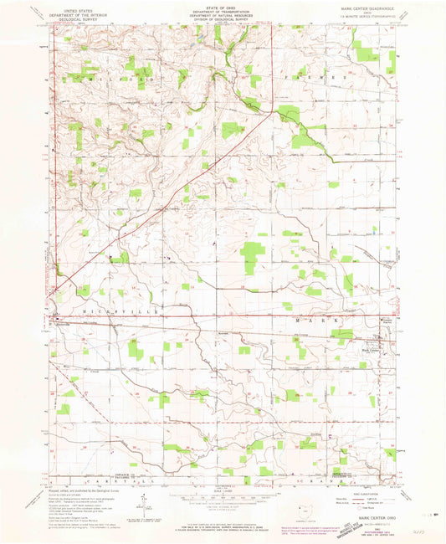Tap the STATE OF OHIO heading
pyautogui.click(x=223, y=5)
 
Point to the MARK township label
pyautogui.click(x=318, y=320)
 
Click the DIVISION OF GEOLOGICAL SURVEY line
pyautogui.click(x=223, y=18)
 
